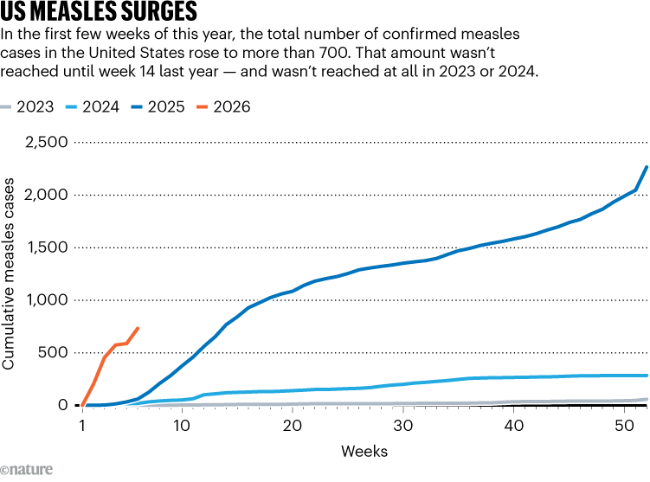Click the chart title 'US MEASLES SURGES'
click(99, 12)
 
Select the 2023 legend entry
click(33, 107)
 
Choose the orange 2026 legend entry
click(230, 107)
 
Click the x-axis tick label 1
click(82, 425)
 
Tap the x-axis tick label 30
click(402, 425)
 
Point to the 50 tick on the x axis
click(624, 425)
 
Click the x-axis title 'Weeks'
click(364, 451)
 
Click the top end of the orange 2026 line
click(138, 328)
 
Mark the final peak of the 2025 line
click(647, 167)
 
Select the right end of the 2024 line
click(647, 376)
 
